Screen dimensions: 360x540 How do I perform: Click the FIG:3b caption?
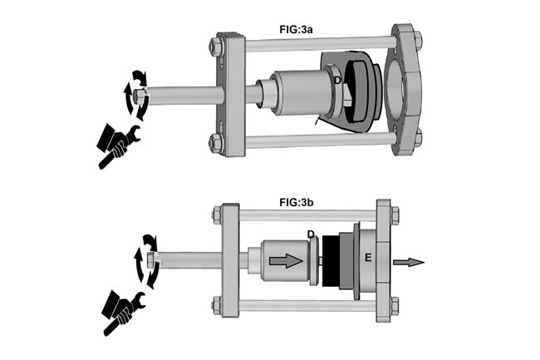click(x=297, y=201)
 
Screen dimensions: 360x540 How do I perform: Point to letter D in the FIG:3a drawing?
click(x=337, y=81)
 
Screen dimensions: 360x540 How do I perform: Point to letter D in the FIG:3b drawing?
click(x=310, y=234)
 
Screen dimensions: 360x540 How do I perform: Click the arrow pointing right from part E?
click(x=408, y=263)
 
